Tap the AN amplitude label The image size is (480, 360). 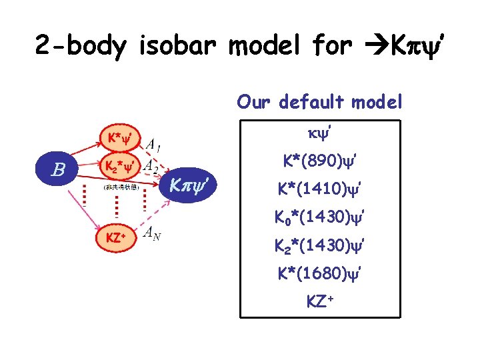153,233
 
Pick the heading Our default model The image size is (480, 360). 319,102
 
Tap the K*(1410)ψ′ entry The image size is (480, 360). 319,189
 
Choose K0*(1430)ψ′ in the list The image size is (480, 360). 319,217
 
